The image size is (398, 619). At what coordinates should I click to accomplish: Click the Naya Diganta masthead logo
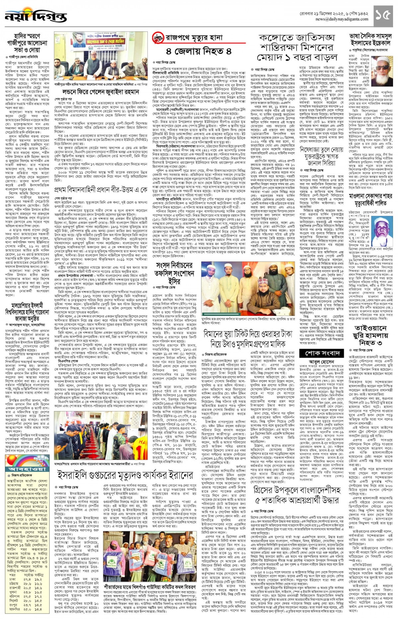click(35, 16)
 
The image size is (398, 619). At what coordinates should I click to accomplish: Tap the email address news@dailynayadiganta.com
click(342, 19)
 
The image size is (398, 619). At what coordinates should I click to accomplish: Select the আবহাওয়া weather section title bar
click(28, 469)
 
